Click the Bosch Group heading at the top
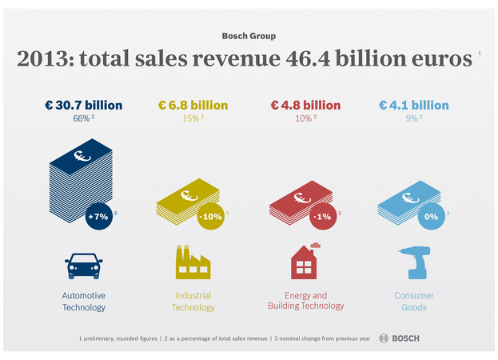click(x=249, y=36)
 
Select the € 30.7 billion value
click(x=83, y=106)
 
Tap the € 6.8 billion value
click(x=193, y=106)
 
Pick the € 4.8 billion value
click(x=305, y=106)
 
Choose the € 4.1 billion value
click(x=414, y=106)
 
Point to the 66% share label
click(x=82, y=119)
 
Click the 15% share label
click(x=190, y=119)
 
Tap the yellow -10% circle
click(x=212, y=217)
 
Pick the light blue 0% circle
click(x=432, y=217)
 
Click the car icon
click(x=83, y=266)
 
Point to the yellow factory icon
click(x=193, y=262)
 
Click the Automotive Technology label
click(x=83, y=302)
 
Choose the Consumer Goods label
click(x=414, y=302)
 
